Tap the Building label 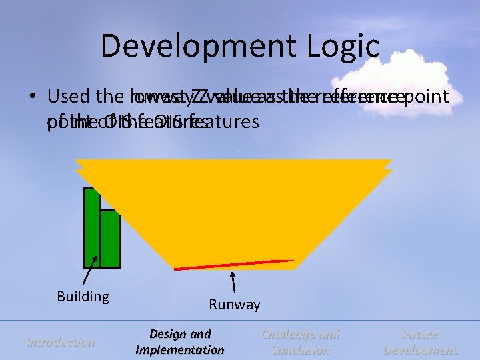(x=83, y=296)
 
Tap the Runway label (x=234, y=305)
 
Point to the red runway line (x=233, y=265)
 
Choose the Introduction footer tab (x=60, y=342)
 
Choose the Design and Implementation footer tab (x=179, y=342)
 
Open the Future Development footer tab (x=420, y=342)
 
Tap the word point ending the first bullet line (x=427, y=97)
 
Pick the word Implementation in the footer (x=179, y=350)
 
